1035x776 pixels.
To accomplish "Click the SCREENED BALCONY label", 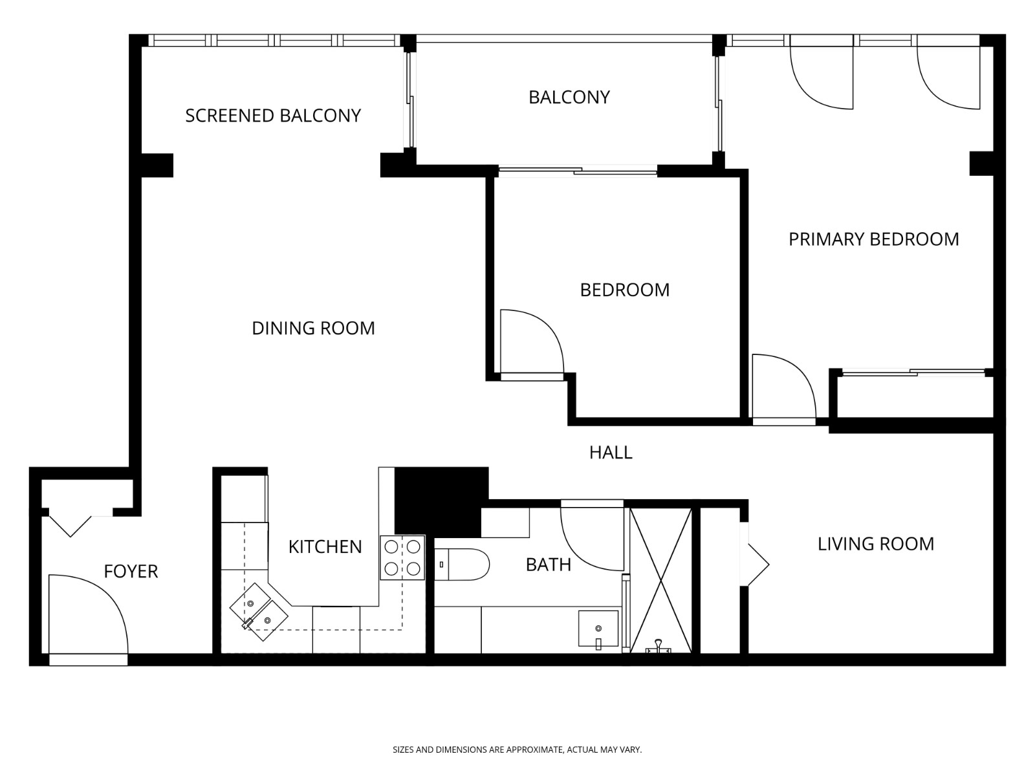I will tap(272, 116).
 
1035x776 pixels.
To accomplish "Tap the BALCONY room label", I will tap(569, 97).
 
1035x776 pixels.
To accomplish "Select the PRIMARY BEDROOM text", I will tap(873, 239).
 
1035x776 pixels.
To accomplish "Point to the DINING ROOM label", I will tap(313, 329).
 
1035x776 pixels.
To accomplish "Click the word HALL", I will tap(610, 453).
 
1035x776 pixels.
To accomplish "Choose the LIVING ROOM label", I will tap(875, 544).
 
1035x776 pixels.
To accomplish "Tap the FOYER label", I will tap(131, 572).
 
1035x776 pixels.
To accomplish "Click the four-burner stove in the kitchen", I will tap(402, 557).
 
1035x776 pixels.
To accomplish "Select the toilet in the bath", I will tap(461, 565).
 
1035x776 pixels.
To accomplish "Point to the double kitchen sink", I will tap(259, 612).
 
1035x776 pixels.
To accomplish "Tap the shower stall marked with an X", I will tap(660, 580).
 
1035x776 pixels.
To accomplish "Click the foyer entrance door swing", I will tap(87, 614).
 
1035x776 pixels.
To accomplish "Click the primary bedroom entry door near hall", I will tap(783, 388).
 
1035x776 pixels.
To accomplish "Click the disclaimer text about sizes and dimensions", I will tap(517, 750).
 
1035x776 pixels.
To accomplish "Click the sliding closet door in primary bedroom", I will tap(913, 372).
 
